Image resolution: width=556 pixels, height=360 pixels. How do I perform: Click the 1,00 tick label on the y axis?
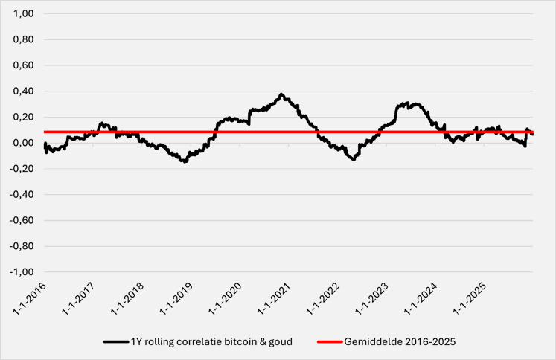pos(22,14)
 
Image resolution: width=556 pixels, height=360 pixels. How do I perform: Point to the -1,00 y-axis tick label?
pos(20,272)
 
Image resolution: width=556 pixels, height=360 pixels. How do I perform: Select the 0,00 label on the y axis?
pos(22,143)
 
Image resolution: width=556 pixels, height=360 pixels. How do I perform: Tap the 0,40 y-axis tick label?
pos(22,91)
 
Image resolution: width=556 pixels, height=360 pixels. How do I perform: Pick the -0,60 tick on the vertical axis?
pos(20,221)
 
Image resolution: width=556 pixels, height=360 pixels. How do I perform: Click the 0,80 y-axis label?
pos(22,40)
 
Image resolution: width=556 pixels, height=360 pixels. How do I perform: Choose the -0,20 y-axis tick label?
pos(20,169)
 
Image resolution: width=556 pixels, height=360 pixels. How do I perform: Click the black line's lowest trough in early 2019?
pos(183,161)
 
